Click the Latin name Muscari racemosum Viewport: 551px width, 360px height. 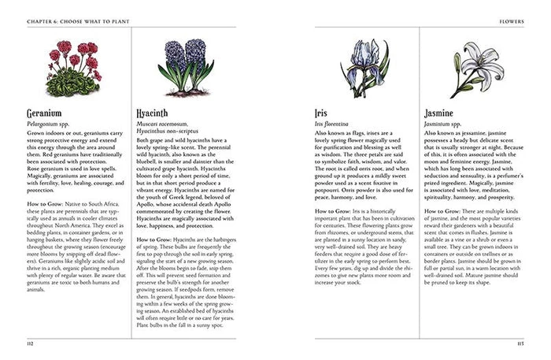pos(162,124)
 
